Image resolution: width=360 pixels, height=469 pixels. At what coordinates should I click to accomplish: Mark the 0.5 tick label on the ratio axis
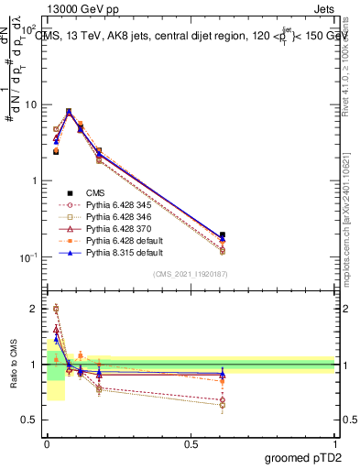[x=28, y=420]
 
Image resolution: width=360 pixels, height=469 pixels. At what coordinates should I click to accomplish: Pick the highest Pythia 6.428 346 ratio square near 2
[x=56, y=309]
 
